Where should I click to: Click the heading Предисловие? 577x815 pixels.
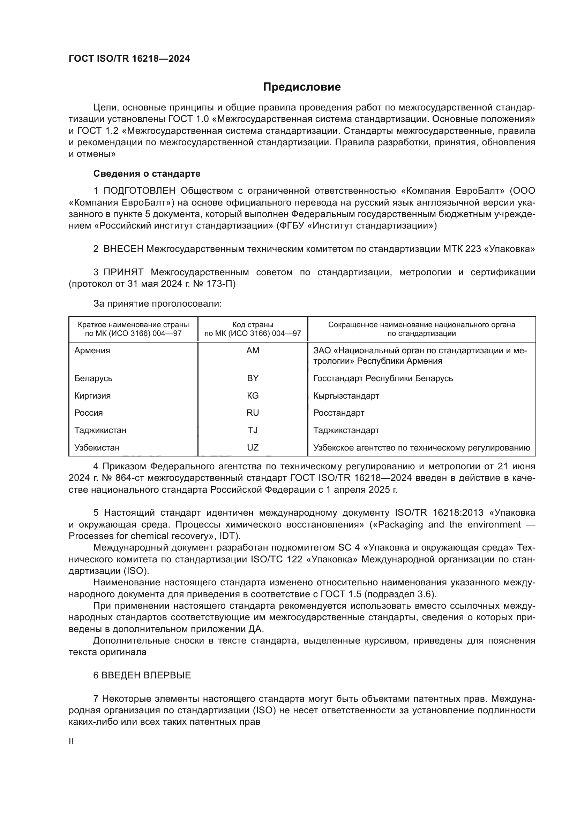click(x=302, y=87)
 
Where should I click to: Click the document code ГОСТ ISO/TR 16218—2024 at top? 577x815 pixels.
click(x=129, y=59)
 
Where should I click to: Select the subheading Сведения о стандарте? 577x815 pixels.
click(x=147, y=174)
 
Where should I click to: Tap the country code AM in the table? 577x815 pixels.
click(x=253, y=350)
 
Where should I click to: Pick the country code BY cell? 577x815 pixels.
click(x=253, y=378)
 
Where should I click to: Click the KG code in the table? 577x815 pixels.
click(x=253, y=395)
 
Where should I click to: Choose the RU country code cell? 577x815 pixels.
click(x=253, y=413)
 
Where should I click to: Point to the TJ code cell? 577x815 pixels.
click(x=253, y=430)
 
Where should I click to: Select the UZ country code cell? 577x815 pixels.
click(x=253, y=448)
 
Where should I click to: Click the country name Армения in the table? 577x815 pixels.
click(x=92, y=350)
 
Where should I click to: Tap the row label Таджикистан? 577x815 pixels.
click(x=100, y=430)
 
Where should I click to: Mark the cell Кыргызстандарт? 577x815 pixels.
click(x=346, y=395)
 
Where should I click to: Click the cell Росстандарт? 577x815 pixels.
click(x=339, y=413)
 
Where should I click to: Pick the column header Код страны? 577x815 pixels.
click(x=253, y=325)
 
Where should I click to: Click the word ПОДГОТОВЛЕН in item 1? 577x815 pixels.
click(x=139, y=191)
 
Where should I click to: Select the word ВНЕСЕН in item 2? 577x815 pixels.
click(x=123, y=249)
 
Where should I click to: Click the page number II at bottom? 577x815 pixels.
click(x=71, y=741)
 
